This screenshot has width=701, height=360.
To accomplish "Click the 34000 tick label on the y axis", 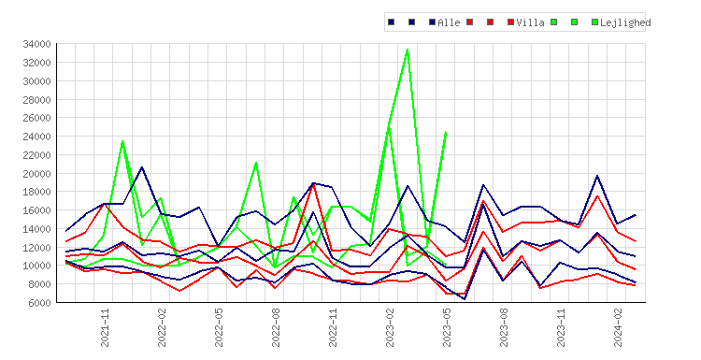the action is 36,44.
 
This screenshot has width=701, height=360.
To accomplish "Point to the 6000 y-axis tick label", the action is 39,302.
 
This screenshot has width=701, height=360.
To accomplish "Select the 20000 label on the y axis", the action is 36,173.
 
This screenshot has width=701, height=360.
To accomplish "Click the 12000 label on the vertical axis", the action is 36,247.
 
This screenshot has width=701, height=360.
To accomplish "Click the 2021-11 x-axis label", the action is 105,327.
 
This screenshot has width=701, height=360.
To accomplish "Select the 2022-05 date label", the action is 219,327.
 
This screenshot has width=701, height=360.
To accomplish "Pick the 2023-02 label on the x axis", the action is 390,327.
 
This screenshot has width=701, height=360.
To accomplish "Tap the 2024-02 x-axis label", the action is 618,327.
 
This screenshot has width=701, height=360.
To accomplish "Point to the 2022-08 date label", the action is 276,327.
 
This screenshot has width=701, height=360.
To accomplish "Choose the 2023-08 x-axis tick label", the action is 504,327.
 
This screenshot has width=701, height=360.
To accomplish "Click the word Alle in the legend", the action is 449,22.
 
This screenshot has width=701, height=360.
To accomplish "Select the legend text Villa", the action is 530,22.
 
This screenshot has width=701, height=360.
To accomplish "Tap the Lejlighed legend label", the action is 625,22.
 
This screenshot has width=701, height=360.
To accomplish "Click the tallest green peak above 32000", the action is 408,50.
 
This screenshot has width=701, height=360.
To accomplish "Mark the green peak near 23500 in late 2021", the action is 122,141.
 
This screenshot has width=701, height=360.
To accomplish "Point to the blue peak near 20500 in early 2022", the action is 142,167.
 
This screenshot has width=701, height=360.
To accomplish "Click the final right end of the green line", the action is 446,132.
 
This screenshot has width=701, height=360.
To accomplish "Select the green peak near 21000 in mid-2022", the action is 256,163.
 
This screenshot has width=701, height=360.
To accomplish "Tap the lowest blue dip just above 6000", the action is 465,299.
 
